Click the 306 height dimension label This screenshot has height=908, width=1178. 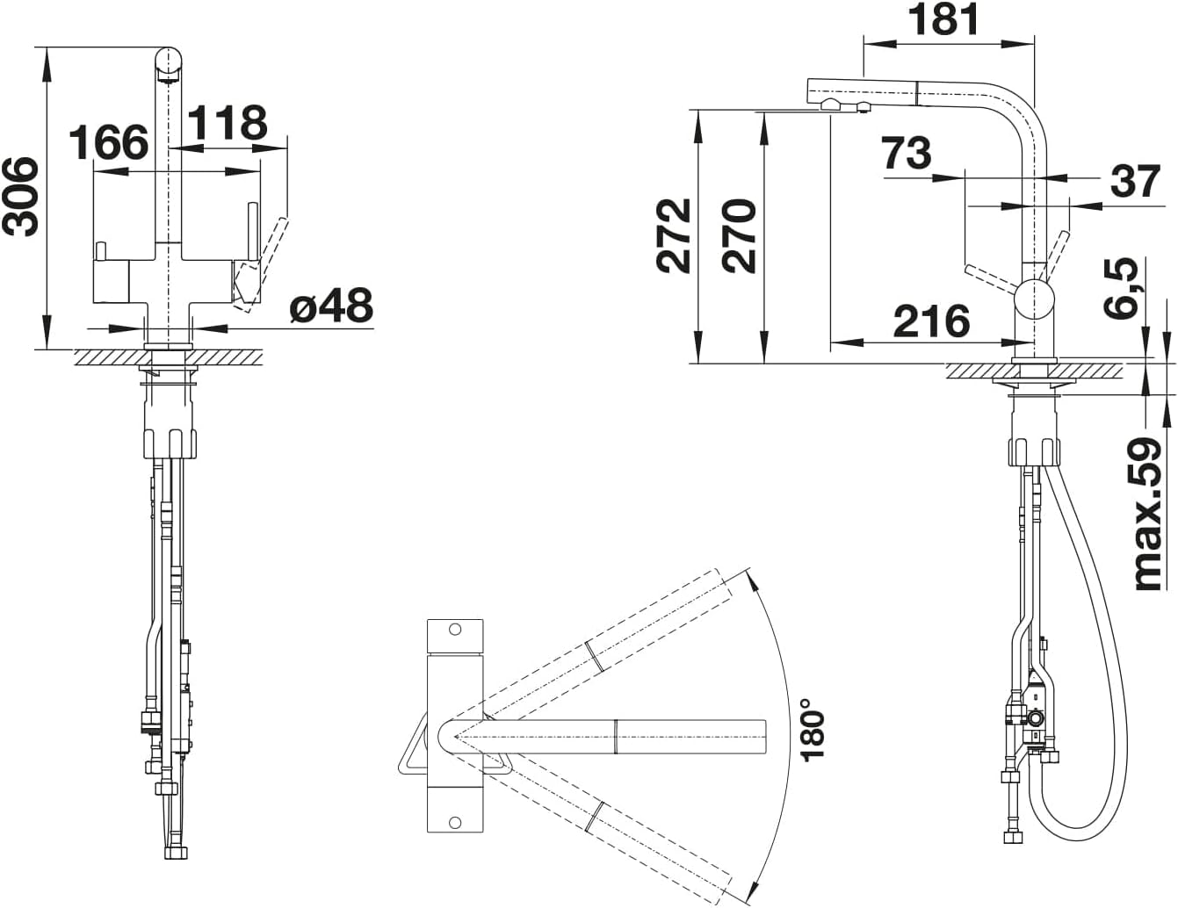click(21, 197)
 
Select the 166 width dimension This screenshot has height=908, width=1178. click(109, 142)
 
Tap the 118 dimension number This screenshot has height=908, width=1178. click(228, 122)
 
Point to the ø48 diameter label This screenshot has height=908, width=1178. click(331, 305)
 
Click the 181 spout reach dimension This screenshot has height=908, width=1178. click(943, 19)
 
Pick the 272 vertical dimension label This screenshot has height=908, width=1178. click(674, 235)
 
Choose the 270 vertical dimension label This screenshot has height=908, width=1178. click(739, 235)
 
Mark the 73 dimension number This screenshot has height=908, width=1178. click(907, 153)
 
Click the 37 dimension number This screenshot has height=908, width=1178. click(1136, 182)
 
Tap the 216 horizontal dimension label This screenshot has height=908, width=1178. click(931, 321)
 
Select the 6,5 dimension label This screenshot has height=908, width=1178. click(1121, 288)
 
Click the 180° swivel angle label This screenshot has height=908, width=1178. click(812, 729)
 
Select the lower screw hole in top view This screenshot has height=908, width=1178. click(455, 823)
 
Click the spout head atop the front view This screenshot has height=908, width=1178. click(169, 64)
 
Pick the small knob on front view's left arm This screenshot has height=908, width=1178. click(100, 251)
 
